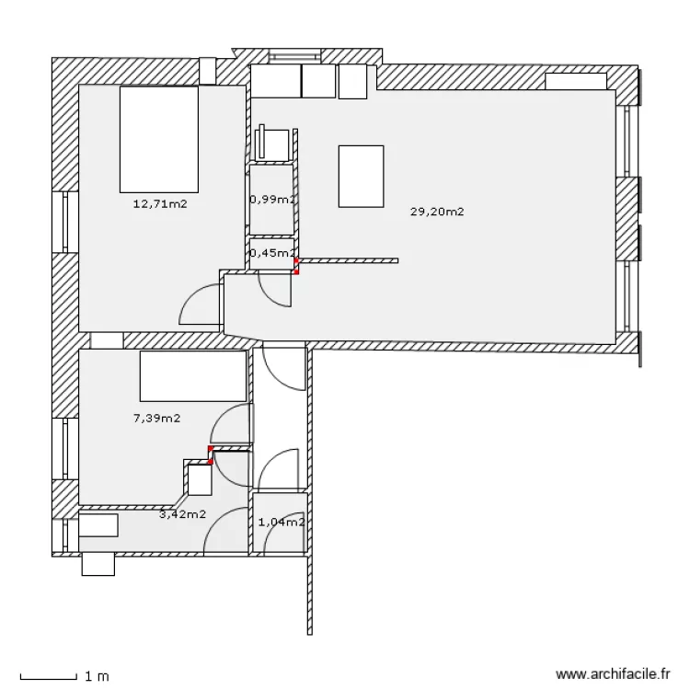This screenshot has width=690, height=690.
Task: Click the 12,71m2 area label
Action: (160, 203)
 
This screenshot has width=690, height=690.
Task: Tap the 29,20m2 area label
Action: (437, 212)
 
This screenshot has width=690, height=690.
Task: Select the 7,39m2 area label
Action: (156, 418)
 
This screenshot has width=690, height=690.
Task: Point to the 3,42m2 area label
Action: (182, 514)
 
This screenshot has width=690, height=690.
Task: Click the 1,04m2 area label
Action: (282, 522)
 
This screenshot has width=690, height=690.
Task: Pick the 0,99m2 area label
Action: (272, 200)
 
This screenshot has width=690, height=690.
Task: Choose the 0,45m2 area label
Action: (272, 253)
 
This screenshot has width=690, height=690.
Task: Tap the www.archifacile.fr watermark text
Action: (613, 673)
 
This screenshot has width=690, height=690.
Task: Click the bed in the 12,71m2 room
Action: (159, 139)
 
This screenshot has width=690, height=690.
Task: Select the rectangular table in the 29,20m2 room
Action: (361, 176)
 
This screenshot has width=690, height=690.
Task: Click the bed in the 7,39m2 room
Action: (193, 375)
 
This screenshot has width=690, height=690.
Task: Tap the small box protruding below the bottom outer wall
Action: (98, 564)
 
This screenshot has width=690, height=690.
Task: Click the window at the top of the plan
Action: (294, 56)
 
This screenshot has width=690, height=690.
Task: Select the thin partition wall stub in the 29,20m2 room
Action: (348, 261)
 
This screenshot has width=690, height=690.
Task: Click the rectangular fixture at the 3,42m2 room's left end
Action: (98, 525)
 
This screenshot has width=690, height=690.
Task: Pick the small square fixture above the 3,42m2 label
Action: (200, 479)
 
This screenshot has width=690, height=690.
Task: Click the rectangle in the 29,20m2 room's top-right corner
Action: (576, 81)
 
